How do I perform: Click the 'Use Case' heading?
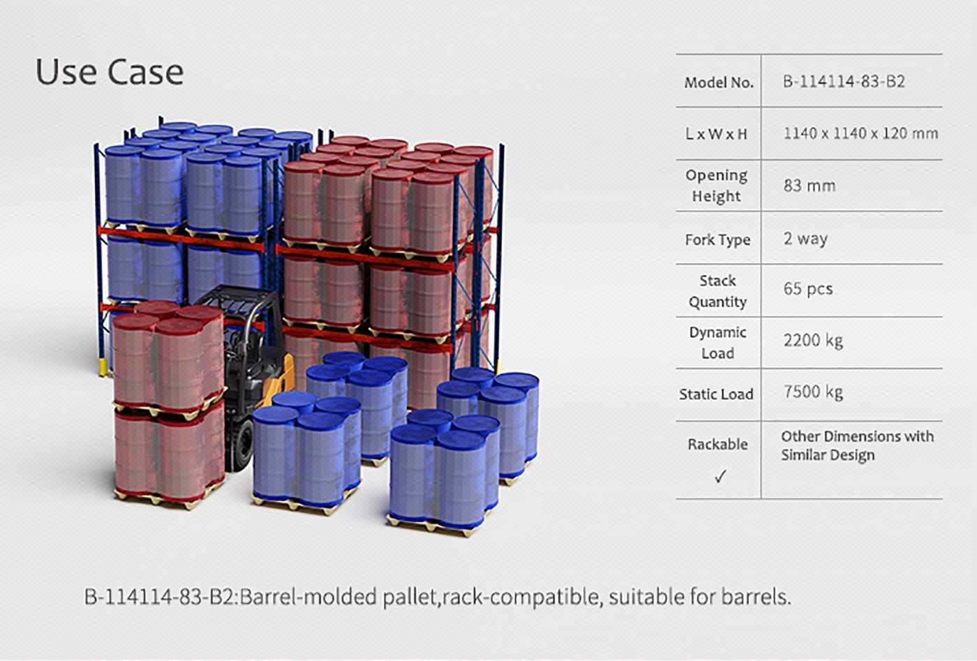(x=110, y=72)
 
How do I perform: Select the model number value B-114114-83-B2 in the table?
(x=844, y=82)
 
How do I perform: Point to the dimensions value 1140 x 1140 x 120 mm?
(x=860, y=133)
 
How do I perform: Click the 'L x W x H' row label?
(x=716, y=134)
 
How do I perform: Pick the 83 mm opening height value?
(x=809, y=186)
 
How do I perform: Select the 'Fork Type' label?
(x=717, y=239)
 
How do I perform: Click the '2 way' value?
(x=805, y=239)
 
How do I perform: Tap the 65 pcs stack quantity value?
(x=808, y=289)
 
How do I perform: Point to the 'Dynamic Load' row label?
(x=717, y=343)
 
